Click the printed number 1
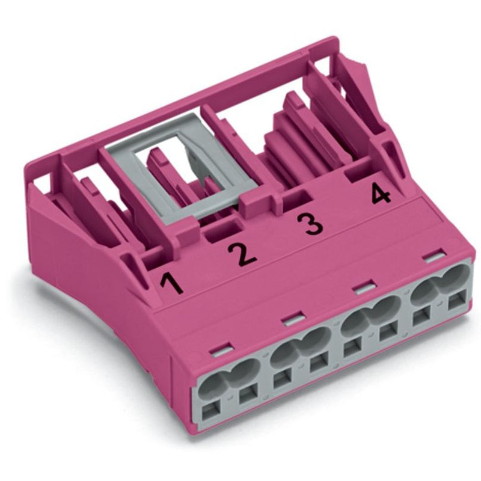click(172, 284)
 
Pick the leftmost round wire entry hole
click(212, 387)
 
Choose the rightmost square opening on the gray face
click(457, 302)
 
